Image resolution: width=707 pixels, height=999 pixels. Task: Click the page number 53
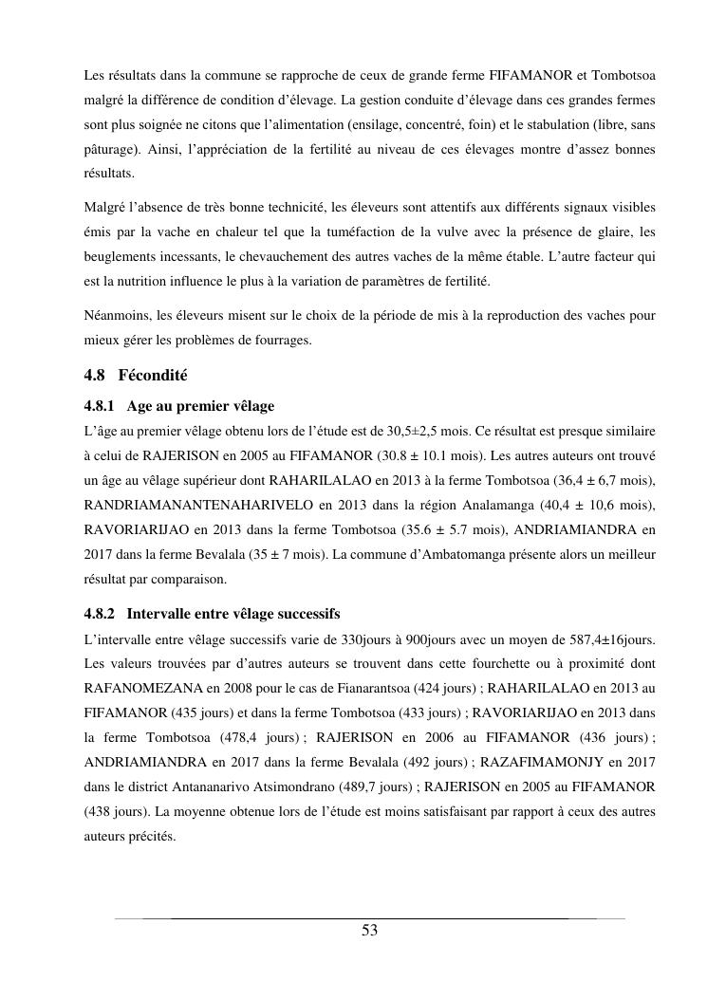(x=370, y=931)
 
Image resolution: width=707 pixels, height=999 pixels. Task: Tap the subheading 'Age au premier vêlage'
(x=200, y=406)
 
